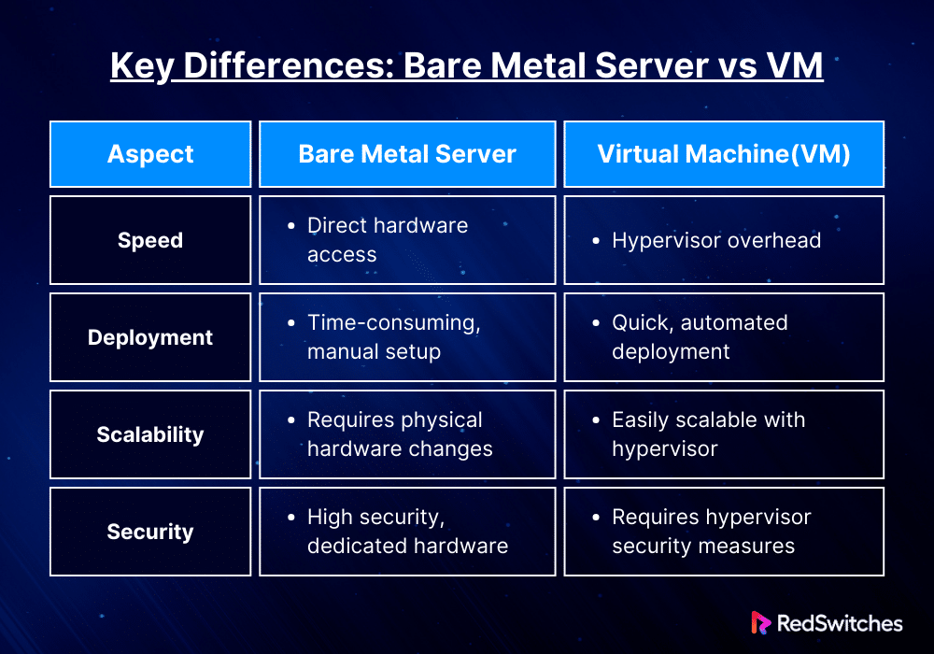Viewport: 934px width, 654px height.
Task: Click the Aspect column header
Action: click(x=150, y=154)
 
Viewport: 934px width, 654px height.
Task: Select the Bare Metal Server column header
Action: click(x=407, y=154)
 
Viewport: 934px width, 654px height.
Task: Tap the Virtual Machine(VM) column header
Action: click(x=724, y=154)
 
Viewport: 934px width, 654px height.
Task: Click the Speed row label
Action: click(x=150, y=240)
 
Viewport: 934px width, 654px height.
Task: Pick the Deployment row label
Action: click(x=150, y=337)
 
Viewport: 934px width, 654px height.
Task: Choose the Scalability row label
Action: click(x=150, y=434)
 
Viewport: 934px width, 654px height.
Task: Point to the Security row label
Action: click(x=150, y=532)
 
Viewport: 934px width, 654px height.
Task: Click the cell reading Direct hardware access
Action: click(x=407, y=240)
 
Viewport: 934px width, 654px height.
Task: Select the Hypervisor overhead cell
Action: click(x=724, y=240)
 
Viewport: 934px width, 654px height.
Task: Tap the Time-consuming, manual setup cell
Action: click(x=407, y=337)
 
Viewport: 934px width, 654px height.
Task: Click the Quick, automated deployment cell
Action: click(x=724, y=337)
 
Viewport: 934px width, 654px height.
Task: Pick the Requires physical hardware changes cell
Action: click(x=407, y=434)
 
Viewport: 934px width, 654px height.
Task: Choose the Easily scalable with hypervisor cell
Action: click(x=724, y=434)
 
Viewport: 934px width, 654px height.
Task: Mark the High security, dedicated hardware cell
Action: click(x=407, y=532)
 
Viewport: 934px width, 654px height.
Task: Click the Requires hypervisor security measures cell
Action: click(x=724, y=532)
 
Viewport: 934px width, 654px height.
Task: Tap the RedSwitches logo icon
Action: click(x=760, y=623)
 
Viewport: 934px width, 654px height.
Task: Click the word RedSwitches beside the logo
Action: click(x=840, y=623)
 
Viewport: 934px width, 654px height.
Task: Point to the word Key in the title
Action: click(x=142, y=66)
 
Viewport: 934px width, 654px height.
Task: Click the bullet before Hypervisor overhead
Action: click(x=596, y=241)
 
